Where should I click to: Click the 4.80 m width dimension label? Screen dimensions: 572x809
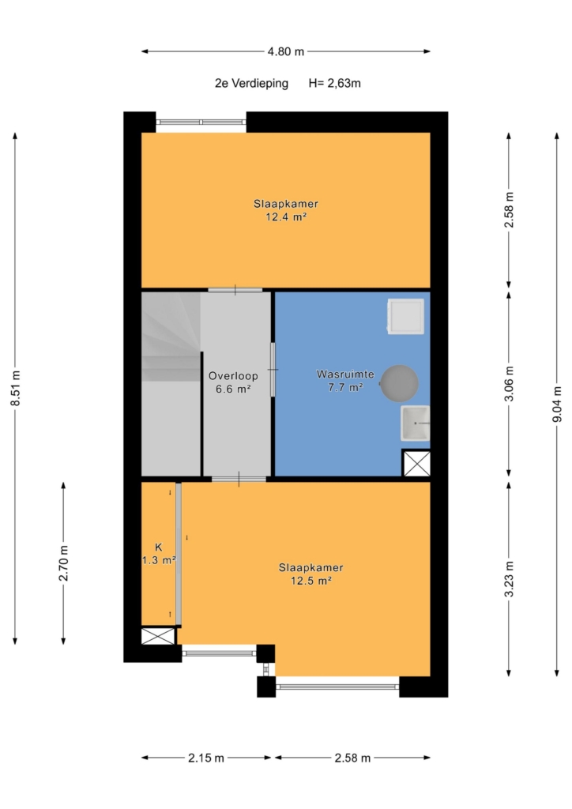286,51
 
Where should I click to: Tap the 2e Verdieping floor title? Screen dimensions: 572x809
252,83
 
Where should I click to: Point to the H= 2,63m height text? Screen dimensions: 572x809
335,83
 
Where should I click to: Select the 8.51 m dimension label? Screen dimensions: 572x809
16,388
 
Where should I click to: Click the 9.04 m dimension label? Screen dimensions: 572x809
557,404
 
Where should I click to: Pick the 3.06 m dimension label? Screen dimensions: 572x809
509,383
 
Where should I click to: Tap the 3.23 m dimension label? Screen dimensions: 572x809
509,579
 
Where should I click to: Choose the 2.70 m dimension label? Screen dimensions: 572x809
63,563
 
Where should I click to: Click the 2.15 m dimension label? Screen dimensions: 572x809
206,758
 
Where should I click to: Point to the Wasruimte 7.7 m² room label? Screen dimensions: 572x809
345,380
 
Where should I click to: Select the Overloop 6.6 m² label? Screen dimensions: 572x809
233,382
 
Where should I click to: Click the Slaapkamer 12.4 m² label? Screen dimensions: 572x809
286,210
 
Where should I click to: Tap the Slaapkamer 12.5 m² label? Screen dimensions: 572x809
311,574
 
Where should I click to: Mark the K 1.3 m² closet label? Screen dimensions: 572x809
159,554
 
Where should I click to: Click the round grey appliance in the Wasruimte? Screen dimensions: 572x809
399,383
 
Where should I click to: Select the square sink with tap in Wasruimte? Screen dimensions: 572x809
416,423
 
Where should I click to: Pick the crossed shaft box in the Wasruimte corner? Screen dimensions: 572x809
416,463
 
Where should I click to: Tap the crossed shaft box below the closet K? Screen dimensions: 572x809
158,636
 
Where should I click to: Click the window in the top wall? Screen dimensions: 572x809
201,122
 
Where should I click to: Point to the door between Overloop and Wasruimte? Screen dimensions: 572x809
273,370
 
